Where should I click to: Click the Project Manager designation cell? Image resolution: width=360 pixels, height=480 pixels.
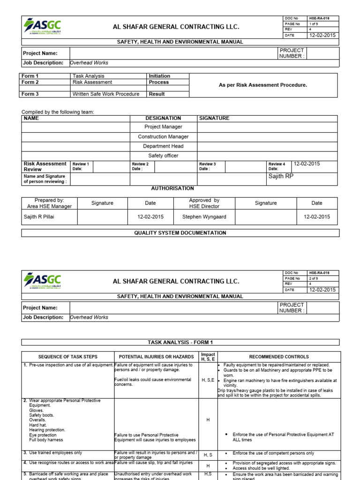click(x=163, y=127)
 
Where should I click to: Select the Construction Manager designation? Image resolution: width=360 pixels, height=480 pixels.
click(x=163, y=137)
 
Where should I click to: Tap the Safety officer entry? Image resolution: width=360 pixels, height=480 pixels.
click(x=163, y=156)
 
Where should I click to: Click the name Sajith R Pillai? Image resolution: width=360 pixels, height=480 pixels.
click(x=39, y=217)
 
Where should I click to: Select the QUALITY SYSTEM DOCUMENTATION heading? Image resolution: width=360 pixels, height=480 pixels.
click(x=180, y=233)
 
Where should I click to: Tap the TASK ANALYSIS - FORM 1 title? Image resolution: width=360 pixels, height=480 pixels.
click(x=180, y=343)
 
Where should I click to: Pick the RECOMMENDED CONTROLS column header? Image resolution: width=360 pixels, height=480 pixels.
click(x=279, y=357)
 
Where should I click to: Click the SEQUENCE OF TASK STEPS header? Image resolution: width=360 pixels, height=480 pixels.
click(x=67, y=357)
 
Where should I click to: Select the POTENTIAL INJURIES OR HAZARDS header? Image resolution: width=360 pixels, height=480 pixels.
click(x=156, y=357)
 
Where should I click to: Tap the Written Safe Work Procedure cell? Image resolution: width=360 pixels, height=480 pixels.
click(x=105, y=94)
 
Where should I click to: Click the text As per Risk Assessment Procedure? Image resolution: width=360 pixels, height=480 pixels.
click(x=263, y=85)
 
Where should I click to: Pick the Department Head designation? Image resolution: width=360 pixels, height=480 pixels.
click(x=163, y=146)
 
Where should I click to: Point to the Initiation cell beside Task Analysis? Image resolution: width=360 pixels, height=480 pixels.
click(x=159, y=76)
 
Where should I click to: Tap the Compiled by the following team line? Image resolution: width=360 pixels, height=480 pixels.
click(x=58, y=112)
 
